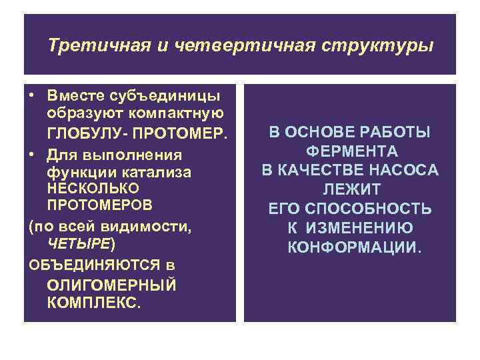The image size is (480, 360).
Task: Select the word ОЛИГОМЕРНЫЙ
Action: (x=112, y=285)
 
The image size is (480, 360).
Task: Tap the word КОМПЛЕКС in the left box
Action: (x=92, y=303)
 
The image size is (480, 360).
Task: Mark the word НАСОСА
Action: (x=407, y=170)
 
